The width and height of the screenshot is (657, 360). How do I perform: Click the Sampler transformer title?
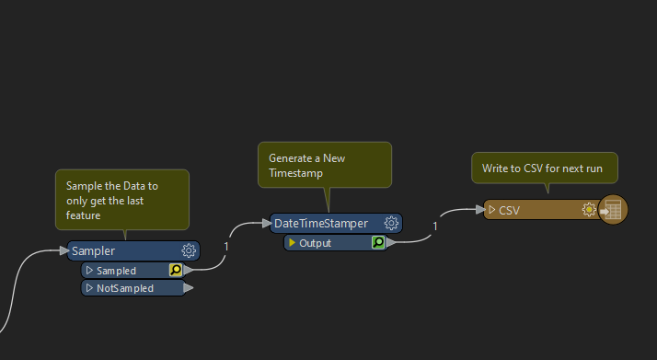93,251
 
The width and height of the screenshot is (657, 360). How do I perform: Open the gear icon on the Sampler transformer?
189,250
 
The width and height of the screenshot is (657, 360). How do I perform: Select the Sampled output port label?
116,271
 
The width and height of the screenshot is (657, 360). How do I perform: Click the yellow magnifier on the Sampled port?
176,270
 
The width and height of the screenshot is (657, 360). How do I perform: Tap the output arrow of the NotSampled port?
189,288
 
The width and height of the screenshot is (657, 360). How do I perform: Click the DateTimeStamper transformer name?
321,224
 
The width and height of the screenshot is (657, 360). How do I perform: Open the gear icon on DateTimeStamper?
391,223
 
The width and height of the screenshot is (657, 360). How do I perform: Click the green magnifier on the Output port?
378,242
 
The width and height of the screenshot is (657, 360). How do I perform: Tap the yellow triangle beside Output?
292,243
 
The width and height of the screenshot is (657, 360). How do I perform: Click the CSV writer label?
509,211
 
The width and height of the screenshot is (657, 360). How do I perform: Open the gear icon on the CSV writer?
589,210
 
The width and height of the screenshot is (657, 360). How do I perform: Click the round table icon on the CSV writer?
613,210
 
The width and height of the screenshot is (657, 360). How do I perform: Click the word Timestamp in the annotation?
295,173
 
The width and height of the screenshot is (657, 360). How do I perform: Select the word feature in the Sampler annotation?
83,215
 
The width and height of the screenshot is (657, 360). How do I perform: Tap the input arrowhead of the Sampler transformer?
64,250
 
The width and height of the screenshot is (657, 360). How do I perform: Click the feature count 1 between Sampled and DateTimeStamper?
226,247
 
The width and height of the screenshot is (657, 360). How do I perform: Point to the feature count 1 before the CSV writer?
435,226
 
